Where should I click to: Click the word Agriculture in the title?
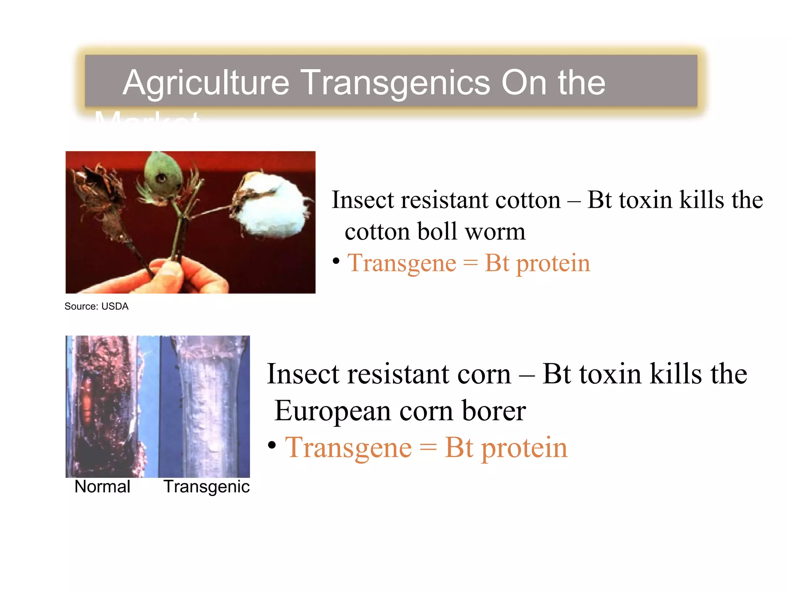[x=206, y=82]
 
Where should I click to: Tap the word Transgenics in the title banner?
[x=395, y=82]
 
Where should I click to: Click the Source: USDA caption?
[x=96, y=306]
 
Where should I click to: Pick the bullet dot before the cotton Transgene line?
[x=336, y=261]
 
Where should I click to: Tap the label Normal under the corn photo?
[x=102, y=487]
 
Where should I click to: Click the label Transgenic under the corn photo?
[x=206, y=487]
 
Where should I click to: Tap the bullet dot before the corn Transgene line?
[x=272, y=445]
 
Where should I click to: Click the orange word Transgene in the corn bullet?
[x=348, y=448]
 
